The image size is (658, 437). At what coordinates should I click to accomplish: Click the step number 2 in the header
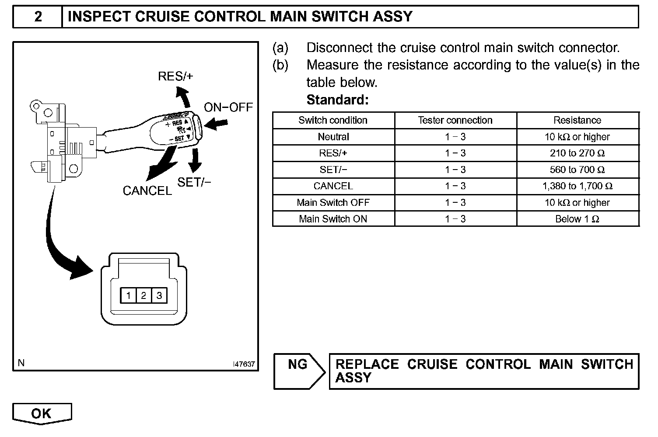point(38,17)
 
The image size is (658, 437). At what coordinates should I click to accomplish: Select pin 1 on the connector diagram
point(128,296)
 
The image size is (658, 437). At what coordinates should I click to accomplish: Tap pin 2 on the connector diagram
point(143,296)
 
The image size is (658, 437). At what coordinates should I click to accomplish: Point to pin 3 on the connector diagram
point(159,296)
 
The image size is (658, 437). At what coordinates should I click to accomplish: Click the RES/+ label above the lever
point(175,76)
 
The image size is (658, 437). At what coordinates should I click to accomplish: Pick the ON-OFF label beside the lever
point(228,107)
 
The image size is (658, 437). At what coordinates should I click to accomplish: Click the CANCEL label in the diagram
point(147,191)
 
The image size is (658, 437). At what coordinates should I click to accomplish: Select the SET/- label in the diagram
point(194,182)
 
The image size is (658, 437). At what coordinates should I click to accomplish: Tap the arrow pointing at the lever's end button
point(216,125)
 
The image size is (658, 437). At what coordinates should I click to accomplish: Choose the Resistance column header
point(577,120)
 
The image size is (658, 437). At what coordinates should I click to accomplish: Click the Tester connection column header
point(455,120)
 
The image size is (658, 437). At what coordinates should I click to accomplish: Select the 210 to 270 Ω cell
point(577,153)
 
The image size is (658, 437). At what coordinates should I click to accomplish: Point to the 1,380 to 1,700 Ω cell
point(577,186)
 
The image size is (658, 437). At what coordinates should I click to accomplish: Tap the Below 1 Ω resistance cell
point(577,219)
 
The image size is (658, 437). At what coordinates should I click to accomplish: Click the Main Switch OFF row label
point(333,203)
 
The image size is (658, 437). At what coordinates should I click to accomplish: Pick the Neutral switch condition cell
point(333,137)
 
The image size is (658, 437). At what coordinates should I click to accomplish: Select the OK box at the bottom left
point(42,413)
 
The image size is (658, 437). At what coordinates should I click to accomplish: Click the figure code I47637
point(244,364)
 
